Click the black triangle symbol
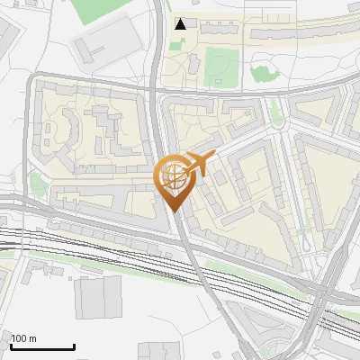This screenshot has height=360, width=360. click(181, 24)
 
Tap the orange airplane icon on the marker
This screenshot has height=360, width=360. click(199, 164)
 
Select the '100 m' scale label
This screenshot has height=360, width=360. click(23, 338)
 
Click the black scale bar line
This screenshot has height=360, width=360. click(42, 346)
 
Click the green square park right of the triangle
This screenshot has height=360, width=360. click(221, 67)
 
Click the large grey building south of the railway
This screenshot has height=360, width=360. click(98, 298)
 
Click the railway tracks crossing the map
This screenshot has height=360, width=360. click(90, 247)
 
